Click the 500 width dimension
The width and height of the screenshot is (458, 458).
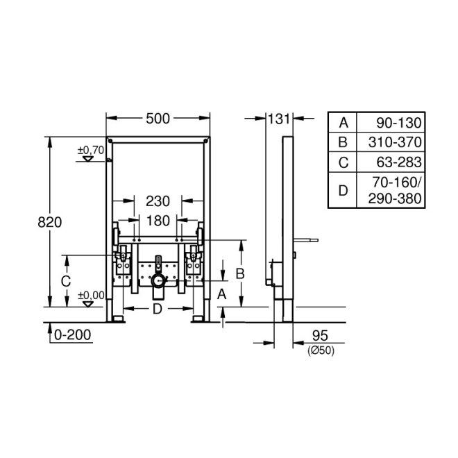(x=158, y=119)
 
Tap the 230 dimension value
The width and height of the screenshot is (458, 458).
(x=158, y=201)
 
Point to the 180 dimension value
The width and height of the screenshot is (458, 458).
(x=158, y=221)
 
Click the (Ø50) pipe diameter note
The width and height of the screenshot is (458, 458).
(x=321, y=351)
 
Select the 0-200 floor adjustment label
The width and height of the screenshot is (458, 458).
(x=71, y=334)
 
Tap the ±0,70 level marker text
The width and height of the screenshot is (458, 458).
(x=90, y=149)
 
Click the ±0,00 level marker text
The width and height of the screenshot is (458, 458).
(x=90, y=295)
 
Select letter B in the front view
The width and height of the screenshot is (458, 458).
(x=240, y=273)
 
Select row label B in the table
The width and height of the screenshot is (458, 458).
(x=342, y=143)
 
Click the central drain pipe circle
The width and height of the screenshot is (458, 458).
(x=159, y=282)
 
